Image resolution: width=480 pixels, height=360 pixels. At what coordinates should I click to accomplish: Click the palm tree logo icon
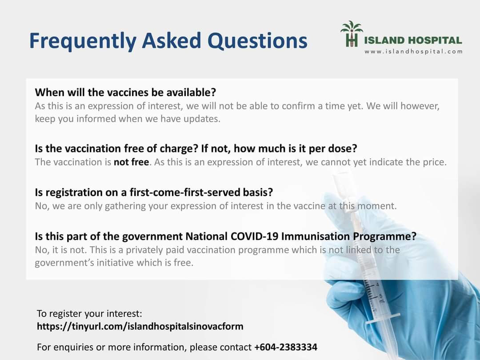point(352,34)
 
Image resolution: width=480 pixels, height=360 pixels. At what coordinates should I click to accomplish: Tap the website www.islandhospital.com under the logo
point(413,52)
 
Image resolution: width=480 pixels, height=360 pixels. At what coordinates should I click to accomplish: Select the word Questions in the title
point(257,41)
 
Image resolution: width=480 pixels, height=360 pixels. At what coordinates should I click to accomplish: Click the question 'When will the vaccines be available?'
point(125,92)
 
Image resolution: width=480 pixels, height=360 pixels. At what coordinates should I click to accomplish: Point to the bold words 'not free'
point(131,162)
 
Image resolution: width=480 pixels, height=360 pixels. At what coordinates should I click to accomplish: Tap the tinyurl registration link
point(140,327)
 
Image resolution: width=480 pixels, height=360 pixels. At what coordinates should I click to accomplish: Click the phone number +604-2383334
point(286,347)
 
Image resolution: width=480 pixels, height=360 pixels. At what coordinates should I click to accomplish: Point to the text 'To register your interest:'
point(89,314)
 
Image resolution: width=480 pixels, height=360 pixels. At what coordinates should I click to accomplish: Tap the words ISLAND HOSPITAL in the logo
point(413,40)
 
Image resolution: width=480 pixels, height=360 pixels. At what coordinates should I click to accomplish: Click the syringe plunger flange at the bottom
point(383,317)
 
